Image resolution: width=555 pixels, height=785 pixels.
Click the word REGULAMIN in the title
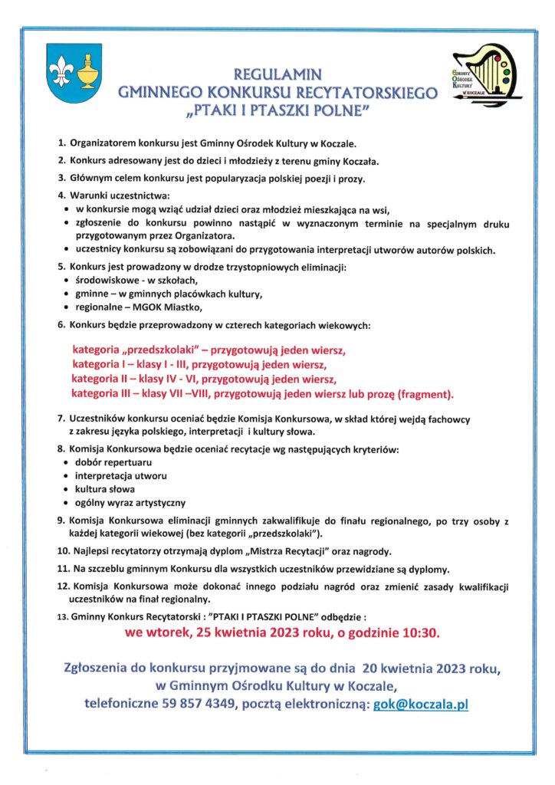coord(277,75)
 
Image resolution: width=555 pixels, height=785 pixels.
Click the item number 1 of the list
coord(61,143)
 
